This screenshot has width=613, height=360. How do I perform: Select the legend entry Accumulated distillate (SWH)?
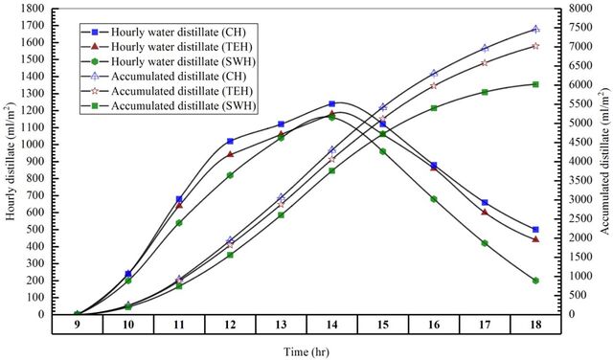(169, 106)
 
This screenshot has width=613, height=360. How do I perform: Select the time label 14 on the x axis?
(331, 325)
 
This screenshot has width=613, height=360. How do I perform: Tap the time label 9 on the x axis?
(78, 325)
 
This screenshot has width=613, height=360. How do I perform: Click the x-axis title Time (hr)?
(306, 351)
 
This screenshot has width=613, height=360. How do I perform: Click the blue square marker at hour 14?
(332, 104)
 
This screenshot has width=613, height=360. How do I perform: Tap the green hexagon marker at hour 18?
(535, 281)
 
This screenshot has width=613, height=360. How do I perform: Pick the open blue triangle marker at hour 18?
(535, 29)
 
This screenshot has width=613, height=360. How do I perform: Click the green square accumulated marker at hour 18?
(535, 84)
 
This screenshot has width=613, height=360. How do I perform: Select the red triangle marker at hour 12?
(230, 154)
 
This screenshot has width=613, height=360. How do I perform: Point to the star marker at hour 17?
(485, 62)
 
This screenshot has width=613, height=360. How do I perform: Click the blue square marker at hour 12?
(230, 141)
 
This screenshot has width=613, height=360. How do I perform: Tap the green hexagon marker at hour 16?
(434, 199)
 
